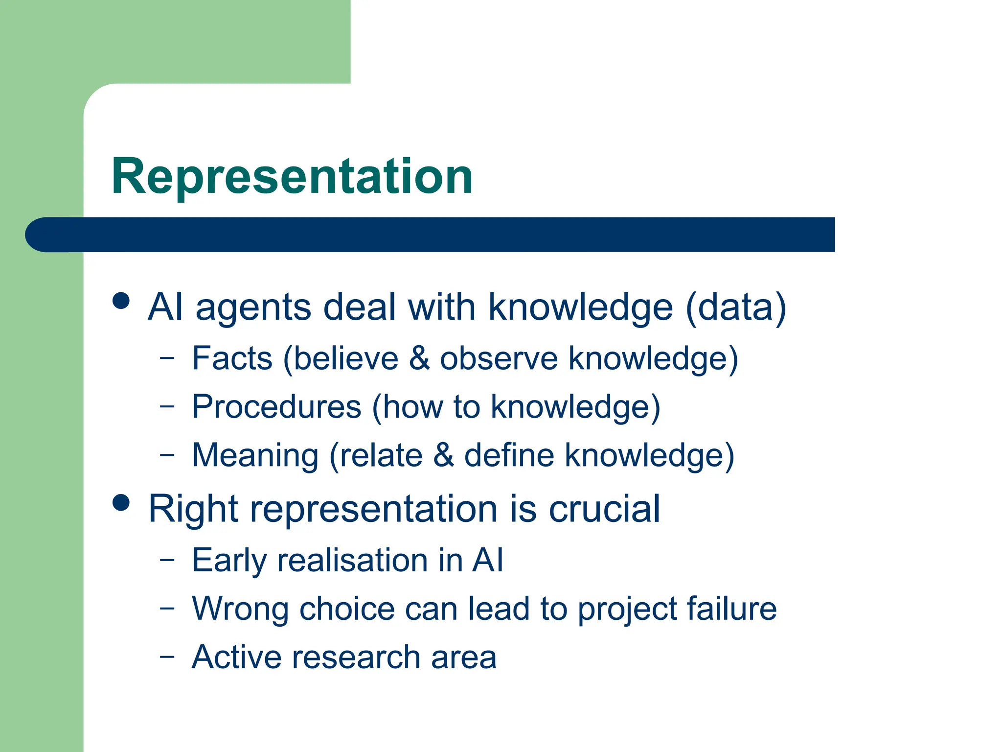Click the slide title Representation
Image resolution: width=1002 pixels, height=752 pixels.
[x=292, y=176]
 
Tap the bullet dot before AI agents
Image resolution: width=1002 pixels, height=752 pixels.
[x=121, y=301]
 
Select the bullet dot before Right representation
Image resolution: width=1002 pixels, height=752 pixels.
[x=121, y=502]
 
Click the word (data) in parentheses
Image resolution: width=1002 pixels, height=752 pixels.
[x=736, y=307]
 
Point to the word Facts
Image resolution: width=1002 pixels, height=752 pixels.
[x=232, y=358]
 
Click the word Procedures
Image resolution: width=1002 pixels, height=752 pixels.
[x=276, y=407]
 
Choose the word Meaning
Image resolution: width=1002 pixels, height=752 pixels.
[x=255, y=455]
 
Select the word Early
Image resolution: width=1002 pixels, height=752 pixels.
[x=229, y=561]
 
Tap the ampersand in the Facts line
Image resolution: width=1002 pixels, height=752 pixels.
[x=419, y=358]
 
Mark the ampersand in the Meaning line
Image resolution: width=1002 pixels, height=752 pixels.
[x=443, y=455]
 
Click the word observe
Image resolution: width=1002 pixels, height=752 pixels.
[x=499, y=358]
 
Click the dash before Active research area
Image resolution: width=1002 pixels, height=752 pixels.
[x=167, y=656]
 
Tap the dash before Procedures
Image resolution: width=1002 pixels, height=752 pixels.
[x=167, y=405]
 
